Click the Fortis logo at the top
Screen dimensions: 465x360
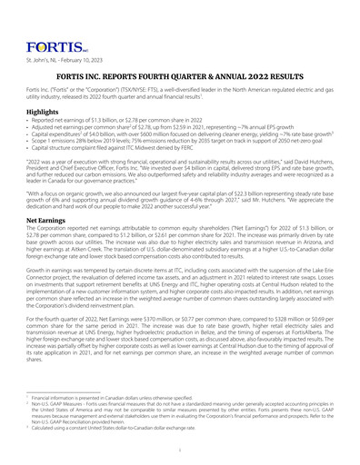click(x=44, y=19)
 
